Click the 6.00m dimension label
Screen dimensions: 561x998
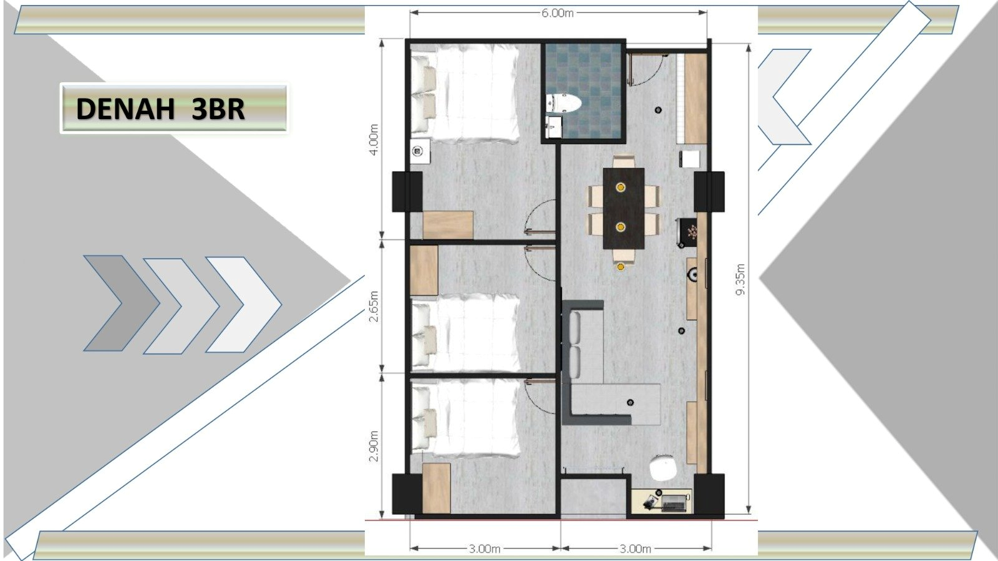point(557,13)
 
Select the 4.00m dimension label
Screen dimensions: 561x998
point(374,140)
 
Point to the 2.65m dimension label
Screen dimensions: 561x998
point(374,306)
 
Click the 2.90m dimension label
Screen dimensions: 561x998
point(374,446)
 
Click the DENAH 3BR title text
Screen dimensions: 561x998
point(160,109)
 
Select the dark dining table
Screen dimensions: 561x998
point(623,208)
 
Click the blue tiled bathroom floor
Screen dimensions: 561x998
point(593,75)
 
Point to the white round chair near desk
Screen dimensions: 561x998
point(662,468)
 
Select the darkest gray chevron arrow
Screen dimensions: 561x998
point(119,303)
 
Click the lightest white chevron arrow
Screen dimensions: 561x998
point(246,304)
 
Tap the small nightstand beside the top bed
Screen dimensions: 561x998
point(420,151)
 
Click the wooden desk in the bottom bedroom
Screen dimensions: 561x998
point(436,488)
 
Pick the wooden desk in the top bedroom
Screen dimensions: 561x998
point(447,225)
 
